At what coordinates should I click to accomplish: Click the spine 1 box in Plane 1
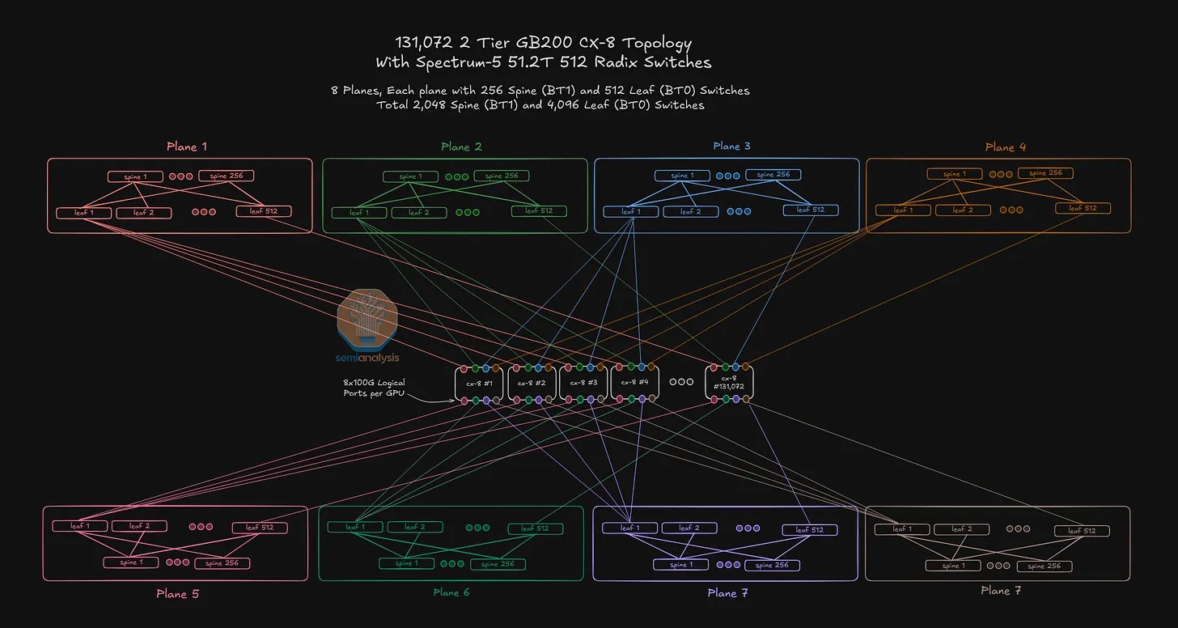pyautogui.click(x=135, y=176)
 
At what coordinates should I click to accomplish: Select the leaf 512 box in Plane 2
pyautogui.click(x=539, y=211)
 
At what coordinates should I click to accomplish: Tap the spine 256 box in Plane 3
pyautogui.click(x=773, y=175)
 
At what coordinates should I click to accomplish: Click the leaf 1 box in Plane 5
pyautogui.click(x=80, y=526)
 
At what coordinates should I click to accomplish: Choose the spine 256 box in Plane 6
pyautogui.click(x=498, y=564)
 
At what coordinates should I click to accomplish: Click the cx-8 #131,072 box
pyautogui.click(x=729, y=382)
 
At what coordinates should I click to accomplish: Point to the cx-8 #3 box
pyautogui.click(x=583, y=383)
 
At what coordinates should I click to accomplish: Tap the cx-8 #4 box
pyautogui.click(x=634, y=383)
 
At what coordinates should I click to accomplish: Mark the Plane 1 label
pyautogui.click(x=187, y=146)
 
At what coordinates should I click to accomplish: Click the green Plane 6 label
pyautogui.click(x=451, y=592)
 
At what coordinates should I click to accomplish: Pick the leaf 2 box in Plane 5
pyautogui.click(x=140, y=526)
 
